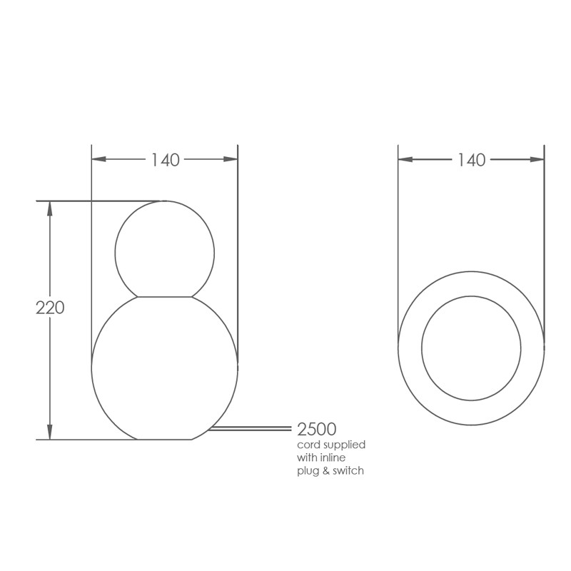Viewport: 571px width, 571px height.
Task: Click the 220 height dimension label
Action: [x=50, y=308]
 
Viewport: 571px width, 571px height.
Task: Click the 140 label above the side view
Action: [x=166, y=160]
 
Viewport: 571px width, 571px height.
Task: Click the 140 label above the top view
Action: [x=471, y=160]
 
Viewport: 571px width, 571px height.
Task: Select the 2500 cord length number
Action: [x=316, y=430]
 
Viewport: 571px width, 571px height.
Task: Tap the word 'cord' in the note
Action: [x=308, y=445]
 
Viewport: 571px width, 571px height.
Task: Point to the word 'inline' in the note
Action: [x=333, y=457]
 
